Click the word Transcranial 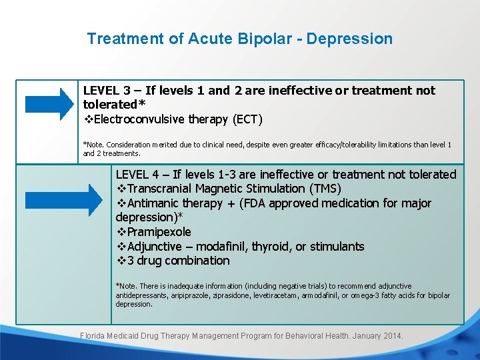point(162,189)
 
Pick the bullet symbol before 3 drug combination point(121,261)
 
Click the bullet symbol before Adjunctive point(121,247)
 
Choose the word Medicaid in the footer point(129,336)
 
